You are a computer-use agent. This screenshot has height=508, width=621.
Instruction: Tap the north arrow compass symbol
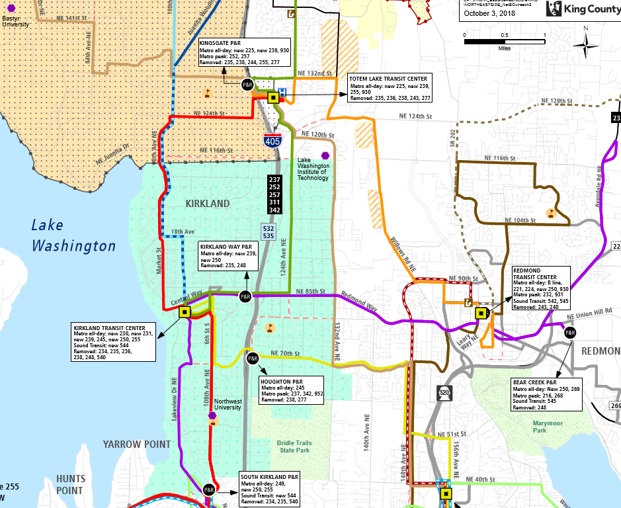pyautogui.click(x=585, y=44)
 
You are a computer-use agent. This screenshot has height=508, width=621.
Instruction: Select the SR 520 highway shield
pyautogui.click(x=444, y=393)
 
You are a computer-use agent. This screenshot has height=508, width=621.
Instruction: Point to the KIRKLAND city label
pyautogui.click(x=208, y=204)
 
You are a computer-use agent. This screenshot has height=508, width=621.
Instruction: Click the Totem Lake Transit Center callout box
pyautogui.click(x=389, y=88)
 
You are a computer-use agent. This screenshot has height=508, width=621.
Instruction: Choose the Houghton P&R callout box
pyautogui.click(x=291, y=390)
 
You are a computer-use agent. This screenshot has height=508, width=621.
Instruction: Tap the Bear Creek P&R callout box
pyautogui.click(x=546, y=394)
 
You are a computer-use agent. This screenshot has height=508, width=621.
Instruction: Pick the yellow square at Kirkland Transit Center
pyautogui.click(x=185, y=312)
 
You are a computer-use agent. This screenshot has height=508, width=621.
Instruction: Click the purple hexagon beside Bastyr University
pyautogui.click(x=11, y=9)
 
